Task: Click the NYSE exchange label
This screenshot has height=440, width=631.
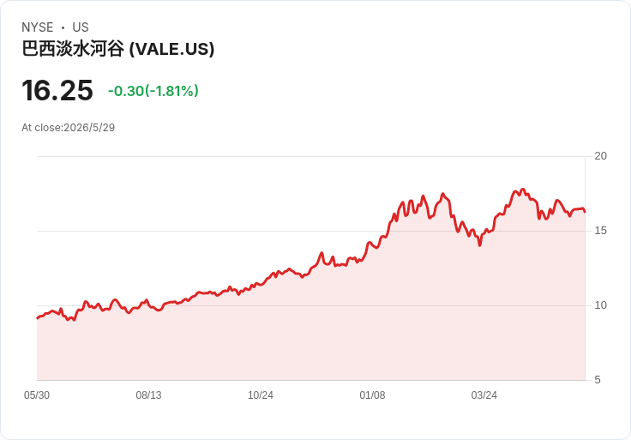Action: point(38,27)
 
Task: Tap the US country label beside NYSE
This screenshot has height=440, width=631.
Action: point(81,27)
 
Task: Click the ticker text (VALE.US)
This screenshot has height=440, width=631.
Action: point(171,49)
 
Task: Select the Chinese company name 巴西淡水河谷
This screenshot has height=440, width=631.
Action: point(73,49)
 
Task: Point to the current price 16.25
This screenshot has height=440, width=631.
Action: point(57,91)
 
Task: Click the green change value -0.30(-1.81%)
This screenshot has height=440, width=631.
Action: point(153,91)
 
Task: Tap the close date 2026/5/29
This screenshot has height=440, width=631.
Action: point(89,128)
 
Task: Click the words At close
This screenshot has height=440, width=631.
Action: point(42,128)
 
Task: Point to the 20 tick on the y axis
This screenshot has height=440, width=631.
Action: point(600,156)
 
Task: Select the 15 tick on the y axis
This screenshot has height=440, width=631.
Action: point(600,231)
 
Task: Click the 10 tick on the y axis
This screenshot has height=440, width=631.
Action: point(600,305)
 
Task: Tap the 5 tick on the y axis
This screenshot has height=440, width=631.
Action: point(598,380)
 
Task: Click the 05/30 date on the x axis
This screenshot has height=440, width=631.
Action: point(37,395)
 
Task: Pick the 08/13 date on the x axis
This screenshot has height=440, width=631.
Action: point(148,395)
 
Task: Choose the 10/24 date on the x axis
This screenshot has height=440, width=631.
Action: point(261,395)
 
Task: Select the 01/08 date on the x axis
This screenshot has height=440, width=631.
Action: point(372,395)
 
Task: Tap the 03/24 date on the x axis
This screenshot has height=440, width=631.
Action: point(484,395)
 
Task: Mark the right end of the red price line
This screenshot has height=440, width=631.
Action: point(585,212)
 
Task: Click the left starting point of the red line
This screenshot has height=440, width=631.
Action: point(38,318)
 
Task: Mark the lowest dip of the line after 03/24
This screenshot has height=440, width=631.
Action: point(480,244)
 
